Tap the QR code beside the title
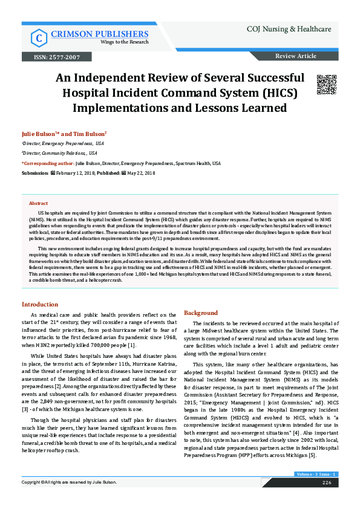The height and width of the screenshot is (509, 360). pyautogui.click(x=326, y=85)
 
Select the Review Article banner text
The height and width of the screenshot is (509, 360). pyautogui.click(x=295, y=56)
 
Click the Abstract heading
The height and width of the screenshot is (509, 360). pyautogui.click(x=38, y=204)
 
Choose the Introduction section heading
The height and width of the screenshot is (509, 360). pyautogui.click(x=40, y=304)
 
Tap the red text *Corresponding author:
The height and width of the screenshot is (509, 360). pyautogui.click(x=48, y=163)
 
